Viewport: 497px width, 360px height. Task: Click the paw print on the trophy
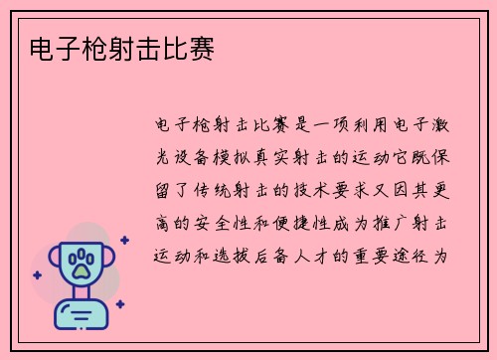click(x=81, y=265)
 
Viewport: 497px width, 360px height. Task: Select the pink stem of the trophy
click(x=81, y=296)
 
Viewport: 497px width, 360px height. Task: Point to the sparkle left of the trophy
click(x=37, y=274)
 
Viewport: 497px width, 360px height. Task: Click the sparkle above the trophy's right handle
click(x=124, y=240)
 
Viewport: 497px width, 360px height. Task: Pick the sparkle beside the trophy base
click(x=119, y=304)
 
